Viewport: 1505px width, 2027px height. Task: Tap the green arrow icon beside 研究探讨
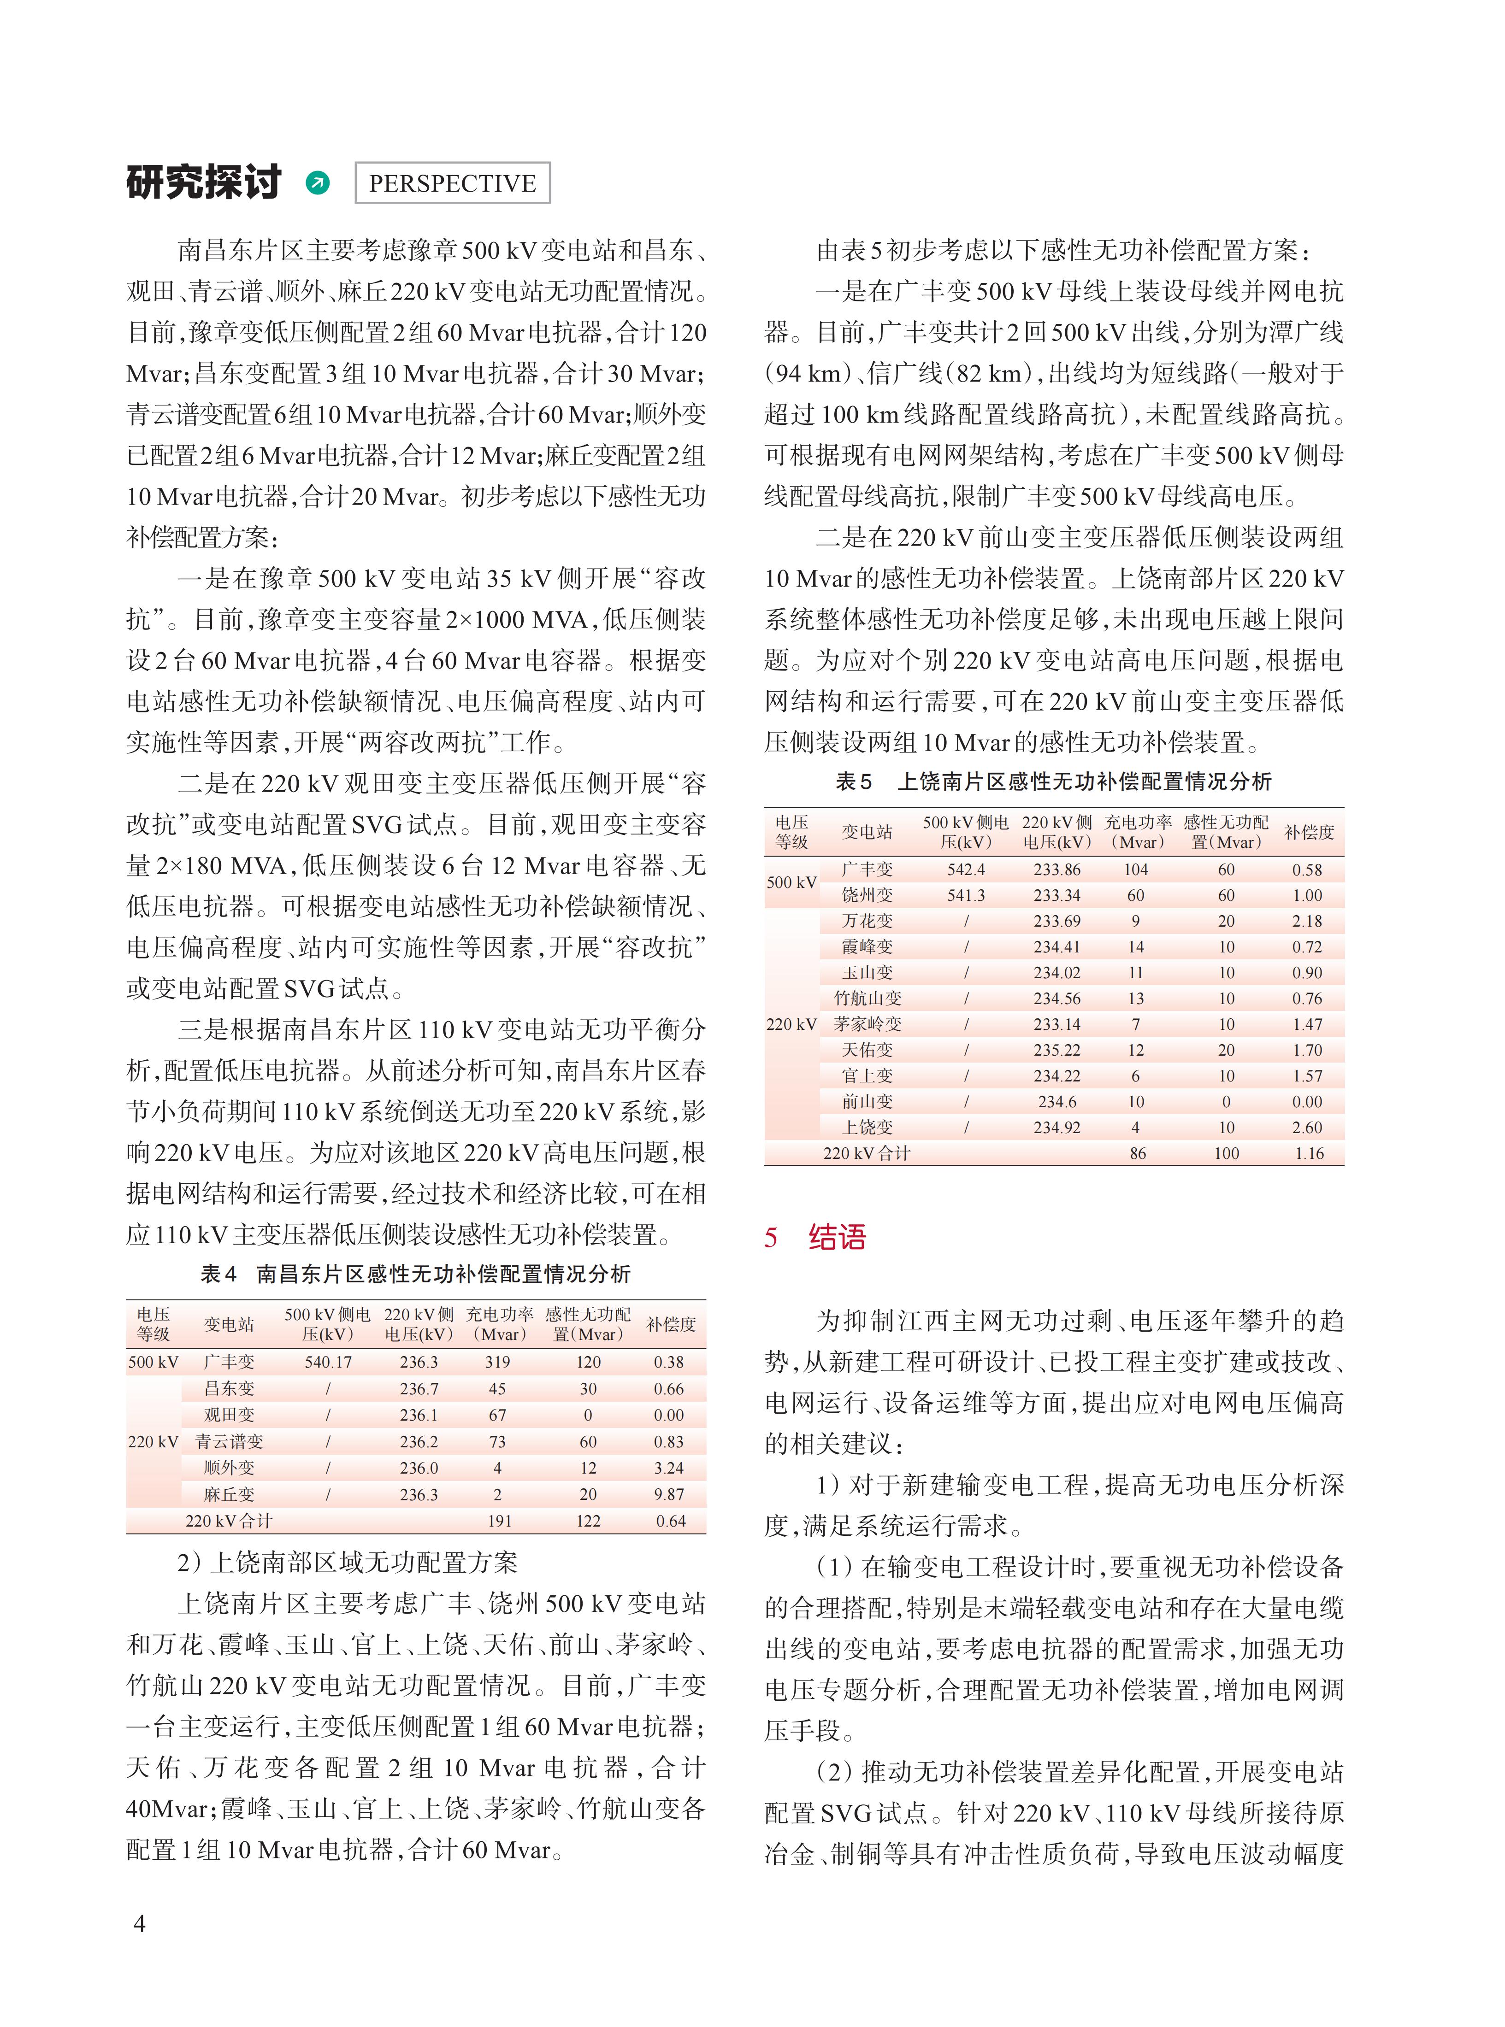[x=318, y=183]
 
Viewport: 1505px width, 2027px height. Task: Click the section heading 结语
[x=836, y=1237]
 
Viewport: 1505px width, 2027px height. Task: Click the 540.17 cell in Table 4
[x=328, y=1362]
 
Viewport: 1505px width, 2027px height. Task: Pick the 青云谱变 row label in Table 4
[x=229, y=1441]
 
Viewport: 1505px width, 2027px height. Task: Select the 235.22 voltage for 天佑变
[x=1057, y=1050]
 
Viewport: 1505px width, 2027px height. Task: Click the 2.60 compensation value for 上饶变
[x=1307, y=1128]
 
